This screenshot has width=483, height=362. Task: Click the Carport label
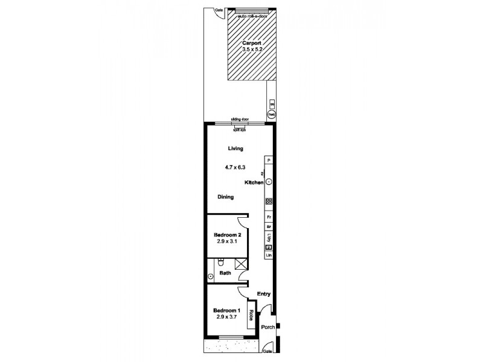pyautogui.click(x=251, y=43)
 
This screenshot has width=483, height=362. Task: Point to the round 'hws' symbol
pyautogui.click(x=272, y=113)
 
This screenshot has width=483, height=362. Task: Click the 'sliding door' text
pyautogui.click(x=240, y=119)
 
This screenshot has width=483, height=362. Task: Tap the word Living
pyautogui.click(x=235, y=148)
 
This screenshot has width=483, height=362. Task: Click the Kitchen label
pyautogui.click(x=254, y=182)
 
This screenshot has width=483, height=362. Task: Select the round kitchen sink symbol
pyautogui.click(x=269, y=182)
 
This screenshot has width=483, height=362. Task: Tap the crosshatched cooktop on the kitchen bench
pyautogui.click(x=269, y=202)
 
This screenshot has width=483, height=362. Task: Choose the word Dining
pyautogui.click(x=226, y=197)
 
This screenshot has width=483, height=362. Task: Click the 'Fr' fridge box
pyautogui.click(x=269, y=217)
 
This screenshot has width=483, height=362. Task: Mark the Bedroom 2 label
pyautogui.click(x=228, y=235)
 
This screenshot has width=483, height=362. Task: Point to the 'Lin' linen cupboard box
pyautogui.click(x=269, y=256)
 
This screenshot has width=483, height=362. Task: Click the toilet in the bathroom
pyautogui.click(x=221, y=264)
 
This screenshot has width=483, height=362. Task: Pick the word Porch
pyautogui.click(x=267, y=328)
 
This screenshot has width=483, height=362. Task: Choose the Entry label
pyautogui.click(x=263, y=294)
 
